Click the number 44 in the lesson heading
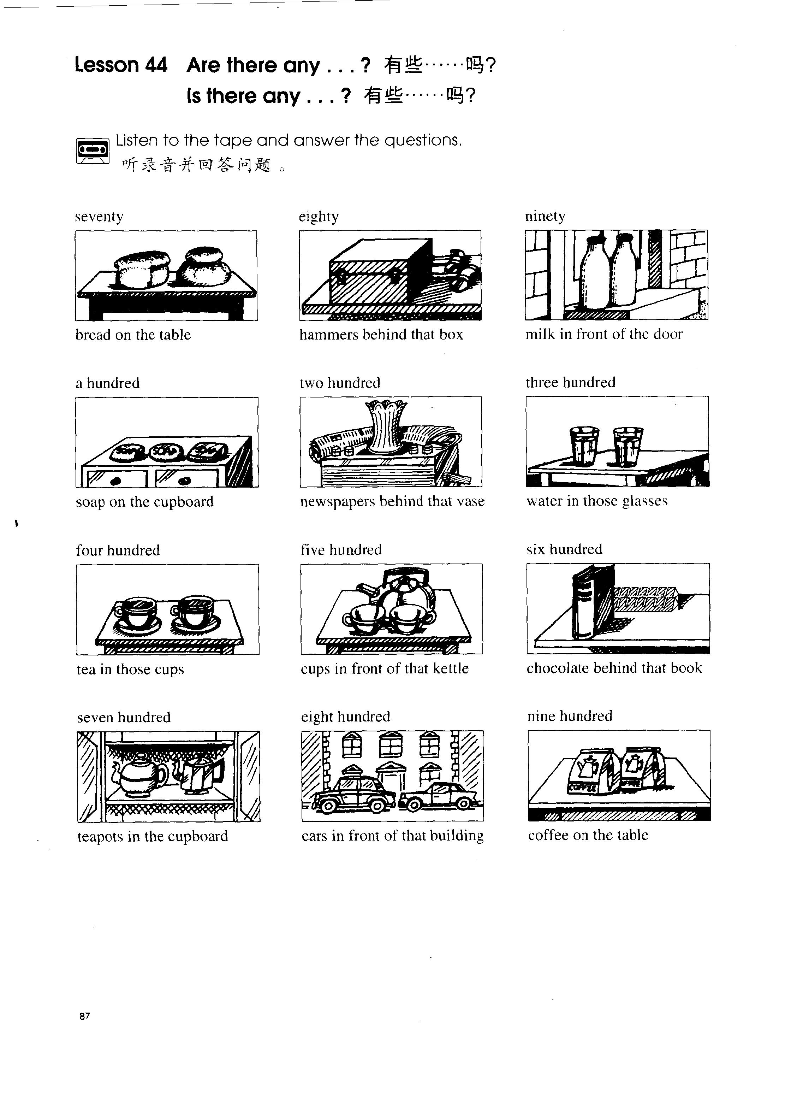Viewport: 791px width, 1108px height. tap(156, 65)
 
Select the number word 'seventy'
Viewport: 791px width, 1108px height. tap(99, 216)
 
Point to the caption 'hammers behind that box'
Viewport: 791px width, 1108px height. tap(381, 334)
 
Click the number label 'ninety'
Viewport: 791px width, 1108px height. tap(545, 216)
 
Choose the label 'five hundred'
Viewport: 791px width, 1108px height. tap(341, 550)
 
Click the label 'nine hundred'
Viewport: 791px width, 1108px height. tap(570, 716)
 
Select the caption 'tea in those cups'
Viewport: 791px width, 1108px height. tap(130, 670)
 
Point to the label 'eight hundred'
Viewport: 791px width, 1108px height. tap(345, 717)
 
